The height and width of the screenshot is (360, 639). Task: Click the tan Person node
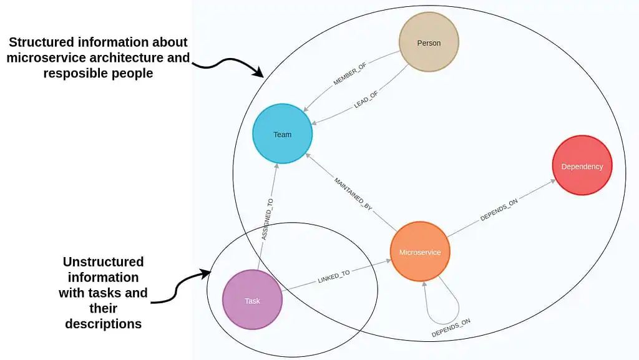[429, 43]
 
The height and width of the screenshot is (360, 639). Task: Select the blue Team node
[282, 134]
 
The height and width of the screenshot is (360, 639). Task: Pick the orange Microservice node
[419, 252]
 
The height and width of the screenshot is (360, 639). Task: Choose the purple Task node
[252, 300]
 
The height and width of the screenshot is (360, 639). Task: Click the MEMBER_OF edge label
[350, 74]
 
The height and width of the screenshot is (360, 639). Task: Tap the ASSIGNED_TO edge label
[267, 219]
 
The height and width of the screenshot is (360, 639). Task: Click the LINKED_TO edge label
[333, 278]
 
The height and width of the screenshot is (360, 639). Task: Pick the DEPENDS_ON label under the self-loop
[451, 328]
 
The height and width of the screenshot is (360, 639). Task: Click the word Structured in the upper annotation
[42, 42]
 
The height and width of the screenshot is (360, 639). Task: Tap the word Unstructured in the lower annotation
[103, 261]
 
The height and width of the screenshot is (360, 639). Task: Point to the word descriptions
[103, 324]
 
